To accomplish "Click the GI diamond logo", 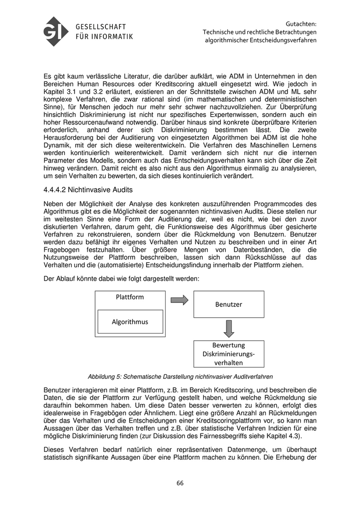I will coord(56,31).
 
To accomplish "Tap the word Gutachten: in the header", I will coord(301,23).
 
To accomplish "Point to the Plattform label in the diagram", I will coord(130,297).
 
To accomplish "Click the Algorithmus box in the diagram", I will coord(130,322).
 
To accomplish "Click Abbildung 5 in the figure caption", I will coord(106,376).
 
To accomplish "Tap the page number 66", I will coord(180,483).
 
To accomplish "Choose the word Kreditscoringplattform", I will coord(234,420).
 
